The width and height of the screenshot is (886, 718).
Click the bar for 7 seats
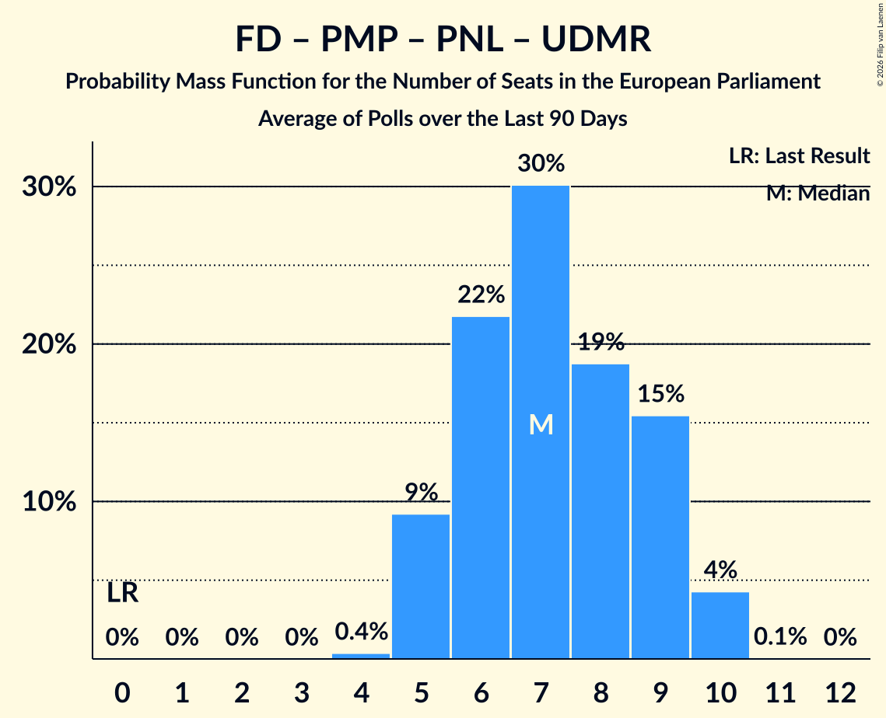coord(541,422)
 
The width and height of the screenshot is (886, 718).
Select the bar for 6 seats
coord(481,488)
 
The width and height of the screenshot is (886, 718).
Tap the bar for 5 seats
coord(421,587)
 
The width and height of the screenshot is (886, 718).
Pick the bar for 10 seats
coord(720,626)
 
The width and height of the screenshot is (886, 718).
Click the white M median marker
coord(541,424)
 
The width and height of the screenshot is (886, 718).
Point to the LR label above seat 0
coord(123,593)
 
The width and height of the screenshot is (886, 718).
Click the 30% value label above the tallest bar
coord(541,163)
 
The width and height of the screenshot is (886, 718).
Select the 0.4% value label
coord(361,631)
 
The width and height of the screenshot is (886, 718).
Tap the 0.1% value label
coord(780,636)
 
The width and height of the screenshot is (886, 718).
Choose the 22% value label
coord(481,294)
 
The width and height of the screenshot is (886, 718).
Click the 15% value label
coord(660,393)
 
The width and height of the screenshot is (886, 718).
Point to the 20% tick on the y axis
coord(49,343)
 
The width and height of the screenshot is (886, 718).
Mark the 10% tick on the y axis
coord(49,501)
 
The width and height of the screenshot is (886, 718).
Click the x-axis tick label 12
coord(840,692)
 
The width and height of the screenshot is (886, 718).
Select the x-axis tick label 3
coord(301,692)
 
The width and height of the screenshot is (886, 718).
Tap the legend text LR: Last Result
coord(799,155)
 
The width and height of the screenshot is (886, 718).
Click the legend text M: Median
coord(818,193)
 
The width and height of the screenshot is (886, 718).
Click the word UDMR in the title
coord(596,39)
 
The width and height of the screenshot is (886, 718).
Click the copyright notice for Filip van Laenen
coord(880,45)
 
